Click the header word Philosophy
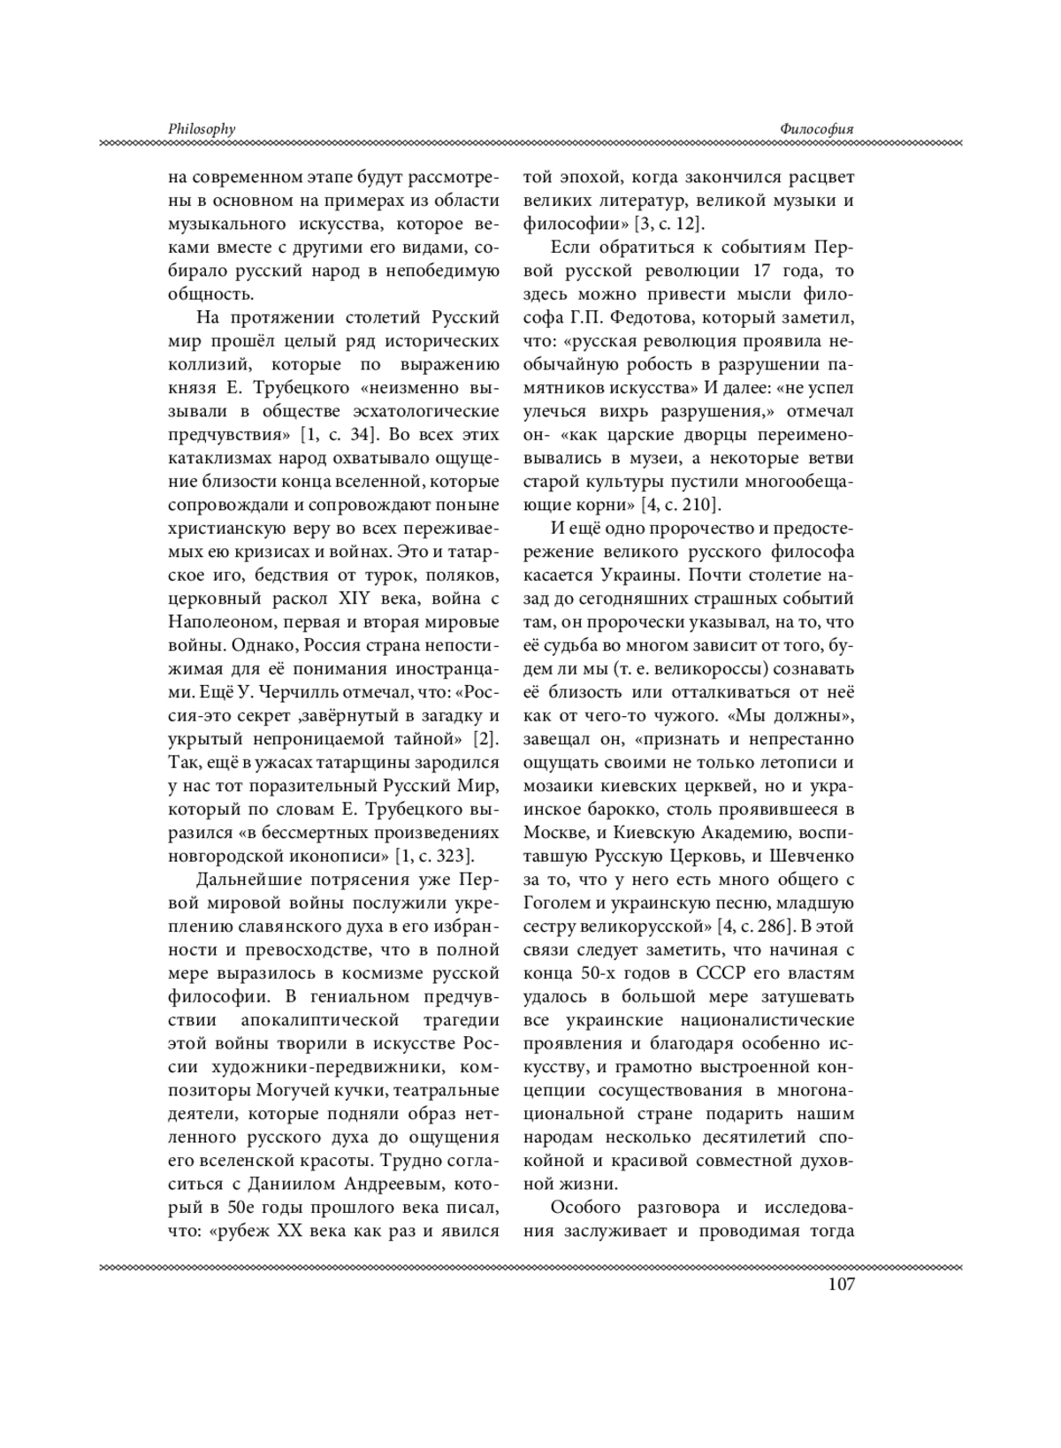(202, 129)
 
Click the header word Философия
(817, 129)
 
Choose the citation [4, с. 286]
(752, 926)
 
